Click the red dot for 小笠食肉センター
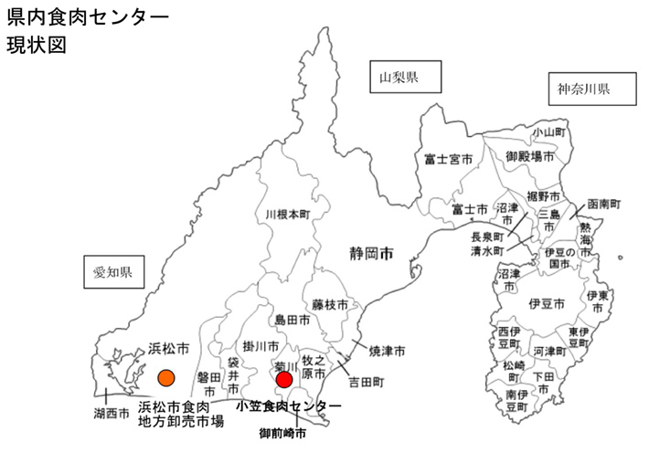tap(284, 379)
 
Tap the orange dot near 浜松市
tap(166, 377)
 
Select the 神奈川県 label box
tap(584, 90)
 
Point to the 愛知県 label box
tap(113, 273)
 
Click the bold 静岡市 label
tap(372, 252)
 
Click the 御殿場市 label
tap(530, 157)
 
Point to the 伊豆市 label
tap(546, 303)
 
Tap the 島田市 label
tap(293, 321)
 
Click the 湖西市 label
tap(111, 413)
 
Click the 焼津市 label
tap(387, 351)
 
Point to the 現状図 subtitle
tap(35, 46)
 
